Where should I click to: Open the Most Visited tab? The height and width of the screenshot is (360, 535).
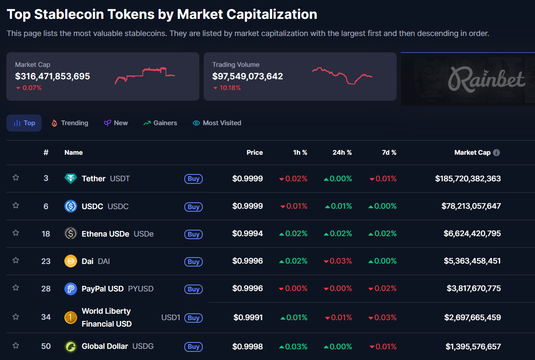(x=217, y=123)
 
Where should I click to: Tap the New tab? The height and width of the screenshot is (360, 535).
(x=116, y=123)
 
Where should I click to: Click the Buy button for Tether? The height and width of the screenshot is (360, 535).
(x=193, y=179)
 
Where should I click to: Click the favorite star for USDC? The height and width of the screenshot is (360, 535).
(x=16, y=205)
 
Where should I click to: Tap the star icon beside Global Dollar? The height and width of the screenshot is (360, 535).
(x=16, y=345)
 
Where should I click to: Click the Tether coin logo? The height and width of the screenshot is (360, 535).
(x=71, y=179)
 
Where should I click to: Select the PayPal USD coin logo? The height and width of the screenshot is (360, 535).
(x=71, y=289)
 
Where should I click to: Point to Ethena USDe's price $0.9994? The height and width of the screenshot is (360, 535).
(x=247, y=234)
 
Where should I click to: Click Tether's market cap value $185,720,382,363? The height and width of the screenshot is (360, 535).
(x=468, y=179)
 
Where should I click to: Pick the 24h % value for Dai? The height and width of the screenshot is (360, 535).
(x=338, y=261)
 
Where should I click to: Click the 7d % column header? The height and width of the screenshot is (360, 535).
(x=389, y=153)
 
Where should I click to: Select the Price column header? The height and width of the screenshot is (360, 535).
(x=255, y=153)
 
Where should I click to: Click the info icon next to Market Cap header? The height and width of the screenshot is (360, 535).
(x=496, y=153)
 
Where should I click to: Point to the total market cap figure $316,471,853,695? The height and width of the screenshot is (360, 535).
(x=52, y=77)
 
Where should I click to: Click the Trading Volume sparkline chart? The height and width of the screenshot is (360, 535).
(x=342, y=75)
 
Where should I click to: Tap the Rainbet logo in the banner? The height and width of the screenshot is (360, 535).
(x=486, y=80)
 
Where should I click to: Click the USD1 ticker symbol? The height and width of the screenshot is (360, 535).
(x=171, y=318)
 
